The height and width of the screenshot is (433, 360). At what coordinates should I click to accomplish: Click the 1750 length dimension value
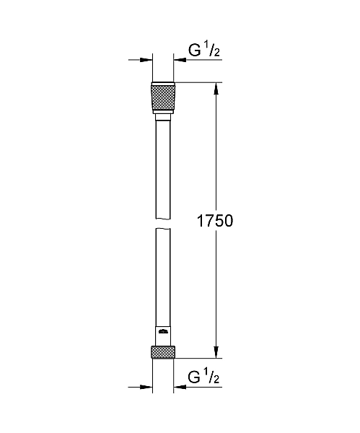click(x=214, y=221)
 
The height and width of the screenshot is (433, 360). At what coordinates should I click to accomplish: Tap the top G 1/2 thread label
click(x=205, y=50)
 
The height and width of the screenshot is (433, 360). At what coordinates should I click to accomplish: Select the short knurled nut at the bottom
click(x=162, y=352)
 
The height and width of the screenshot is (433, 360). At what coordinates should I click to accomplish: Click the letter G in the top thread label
click(x=193, y=51)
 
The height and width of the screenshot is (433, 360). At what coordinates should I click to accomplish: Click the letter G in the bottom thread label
click(x=193, y=377)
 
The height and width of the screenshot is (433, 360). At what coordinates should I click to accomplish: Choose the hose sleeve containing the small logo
click(x=162, y=336)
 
